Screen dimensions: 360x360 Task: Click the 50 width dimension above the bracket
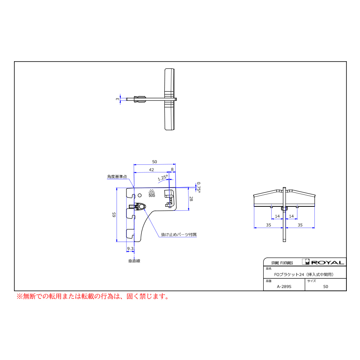(154, 162)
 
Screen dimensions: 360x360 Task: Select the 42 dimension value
(152, 170)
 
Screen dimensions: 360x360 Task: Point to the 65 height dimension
(114, 215)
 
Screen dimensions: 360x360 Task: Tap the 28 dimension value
(191, 199)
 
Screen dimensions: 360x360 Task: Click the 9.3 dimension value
(130, 248)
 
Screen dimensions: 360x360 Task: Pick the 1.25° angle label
(163, 178)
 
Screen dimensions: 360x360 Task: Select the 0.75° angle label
(199, 187)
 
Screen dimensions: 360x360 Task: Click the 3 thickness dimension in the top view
(118, 99)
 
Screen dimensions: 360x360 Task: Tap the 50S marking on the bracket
(152, 195)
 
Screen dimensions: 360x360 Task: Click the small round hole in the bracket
(140, 195)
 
